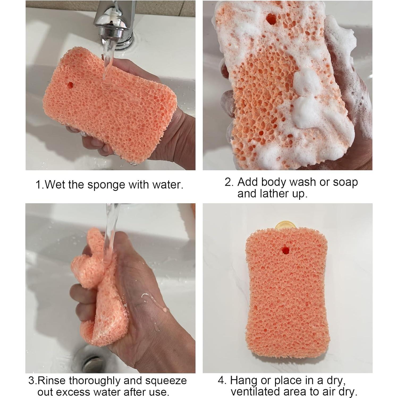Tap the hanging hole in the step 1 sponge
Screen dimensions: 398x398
[x=70, y=85]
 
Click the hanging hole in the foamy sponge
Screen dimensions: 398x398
[x=271, y=19]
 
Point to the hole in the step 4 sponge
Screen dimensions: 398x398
[x=285, y=249]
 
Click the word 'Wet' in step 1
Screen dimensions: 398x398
[x=55, y=184]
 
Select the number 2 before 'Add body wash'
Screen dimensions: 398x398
[x=229, y=182]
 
